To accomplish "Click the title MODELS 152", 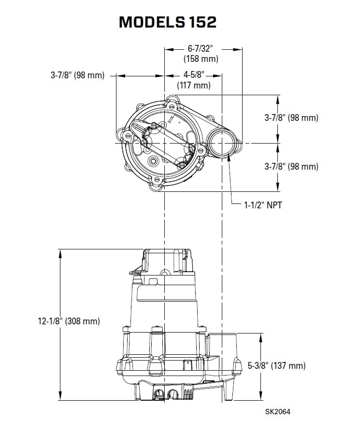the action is click(x=168, y=22).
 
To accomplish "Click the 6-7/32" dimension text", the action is click(x=200, y=48).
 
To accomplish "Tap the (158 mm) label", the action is click(x=201, y=59).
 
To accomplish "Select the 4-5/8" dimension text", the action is click(x=194, y=74).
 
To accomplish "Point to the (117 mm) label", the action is click(x=194, y=85).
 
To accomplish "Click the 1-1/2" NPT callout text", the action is click(x=263, y=205).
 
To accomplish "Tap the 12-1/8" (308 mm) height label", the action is click(x=69, y=321).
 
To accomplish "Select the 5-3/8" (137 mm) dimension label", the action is click(x=276, y=365).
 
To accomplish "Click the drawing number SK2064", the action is click(x=278, y=411).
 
